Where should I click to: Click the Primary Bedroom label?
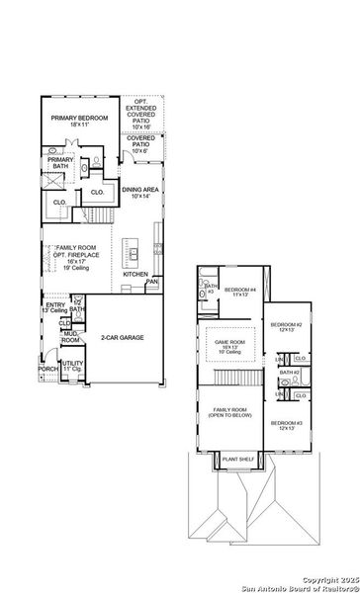point(78,120)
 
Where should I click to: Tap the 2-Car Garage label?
point(123,338)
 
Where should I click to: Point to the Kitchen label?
point(135,274)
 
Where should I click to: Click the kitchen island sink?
point(131,253)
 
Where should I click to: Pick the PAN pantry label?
point(151,282)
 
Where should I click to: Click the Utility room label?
point(72,367)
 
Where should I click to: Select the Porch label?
point(47,370)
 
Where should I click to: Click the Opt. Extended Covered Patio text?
point(140,114)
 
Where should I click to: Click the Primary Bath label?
point(60,162)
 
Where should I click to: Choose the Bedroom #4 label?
point(239,292)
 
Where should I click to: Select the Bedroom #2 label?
point(286,327)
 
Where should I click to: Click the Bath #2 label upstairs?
point(289,373)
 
